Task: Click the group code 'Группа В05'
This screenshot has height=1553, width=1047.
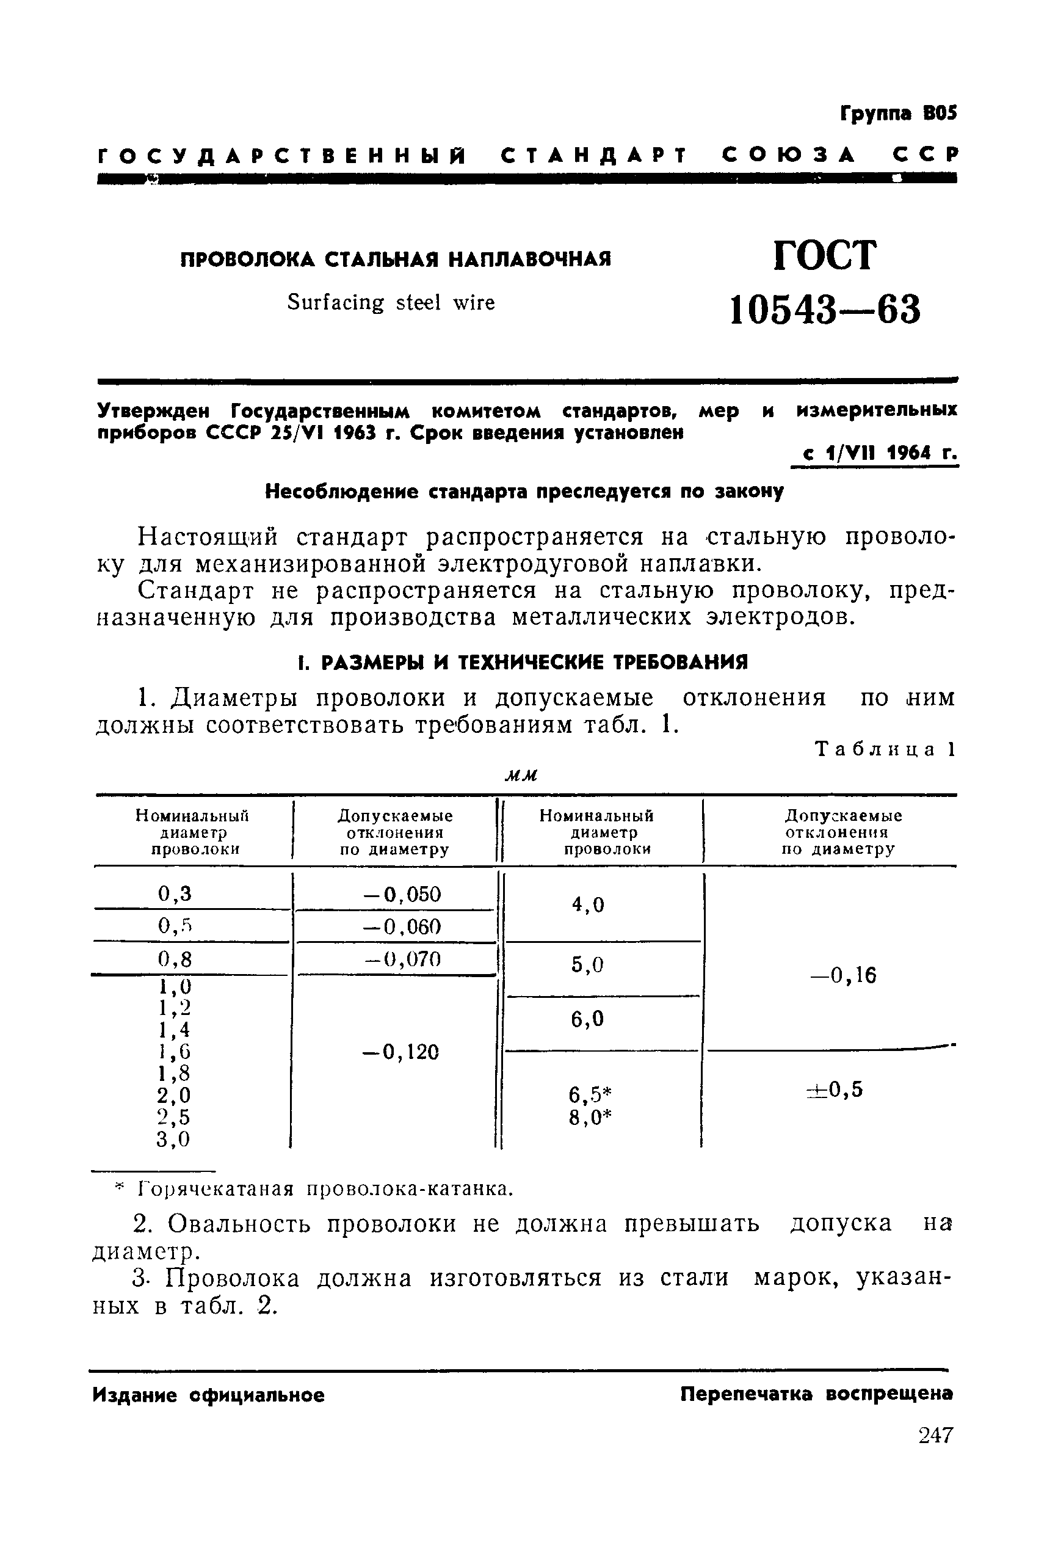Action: pos(898,114)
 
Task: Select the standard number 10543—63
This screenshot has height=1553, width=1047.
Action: pos(825,310)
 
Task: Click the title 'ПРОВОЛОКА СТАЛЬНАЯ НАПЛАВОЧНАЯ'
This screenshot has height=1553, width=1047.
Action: pos(396,259)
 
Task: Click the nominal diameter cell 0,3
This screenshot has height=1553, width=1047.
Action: pos(175,893)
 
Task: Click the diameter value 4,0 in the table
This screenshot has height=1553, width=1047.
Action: pos(587,904)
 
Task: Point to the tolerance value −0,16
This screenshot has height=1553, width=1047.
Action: pos(842,976)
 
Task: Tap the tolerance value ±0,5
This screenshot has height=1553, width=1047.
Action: pos(835,1089)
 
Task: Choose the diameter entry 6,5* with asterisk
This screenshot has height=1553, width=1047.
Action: pos(590,1094)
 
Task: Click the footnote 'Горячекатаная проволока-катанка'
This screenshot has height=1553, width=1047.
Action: pos(324,1190)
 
